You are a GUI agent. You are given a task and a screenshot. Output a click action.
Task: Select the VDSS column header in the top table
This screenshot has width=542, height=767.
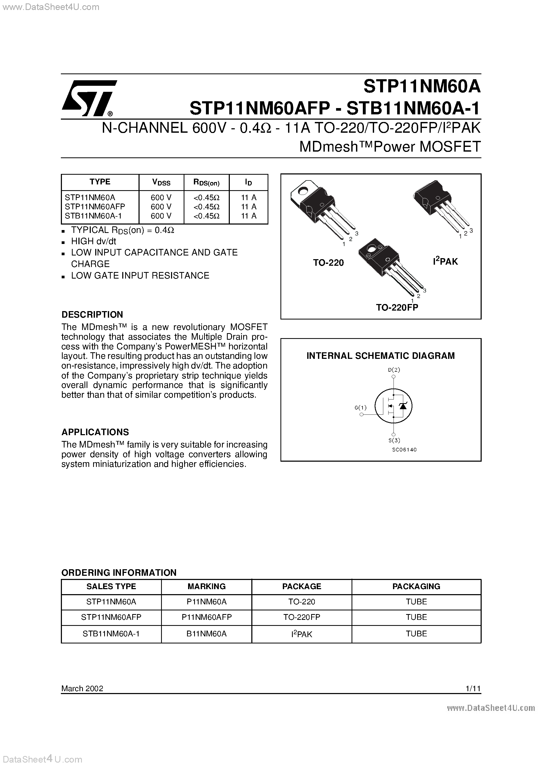(161, 182)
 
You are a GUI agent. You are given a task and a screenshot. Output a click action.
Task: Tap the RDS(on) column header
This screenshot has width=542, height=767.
(206, 182)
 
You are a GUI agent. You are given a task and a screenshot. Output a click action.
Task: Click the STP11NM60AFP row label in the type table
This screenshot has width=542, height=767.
(95, 207)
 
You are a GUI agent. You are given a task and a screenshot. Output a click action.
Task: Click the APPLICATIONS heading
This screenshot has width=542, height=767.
(95, 432)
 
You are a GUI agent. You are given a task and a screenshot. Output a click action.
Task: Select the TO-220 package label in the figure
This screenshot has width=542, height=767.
(328, 263)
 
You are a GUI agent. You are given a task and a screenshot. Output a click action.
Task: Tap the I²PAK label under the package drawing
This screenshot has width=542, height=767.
(445, 262)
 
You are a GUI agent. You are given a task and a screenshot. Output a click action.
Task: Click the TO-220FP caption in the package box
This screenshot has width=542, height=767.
(397, 307)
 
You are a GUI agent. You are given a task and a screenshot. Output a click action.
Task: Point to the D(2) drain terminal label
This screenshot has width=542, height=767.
(394, 370)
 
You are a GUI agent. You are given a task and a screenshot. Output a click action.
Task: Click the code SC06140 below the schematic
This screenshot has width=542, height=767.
(404, 450)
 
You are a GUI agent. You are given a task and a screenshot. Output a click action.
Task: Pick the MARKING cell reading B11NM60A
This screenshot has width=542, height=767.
(206, 634)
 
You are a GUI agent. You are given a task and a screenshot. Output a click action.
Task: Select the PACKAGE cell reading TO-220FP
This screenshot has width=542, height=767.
(301, 617)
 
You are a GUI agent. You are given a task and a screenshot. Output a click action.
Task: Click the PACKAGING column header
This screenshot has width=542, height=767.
(416, 586)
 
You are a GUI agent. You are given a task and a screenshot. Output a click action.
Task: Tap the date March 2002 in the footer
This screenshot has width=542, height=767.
(82, 688)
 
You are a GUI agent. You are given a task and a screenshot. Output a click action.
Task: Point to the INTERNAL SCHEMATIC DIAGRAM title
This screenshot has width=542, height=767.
(381, 356)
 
